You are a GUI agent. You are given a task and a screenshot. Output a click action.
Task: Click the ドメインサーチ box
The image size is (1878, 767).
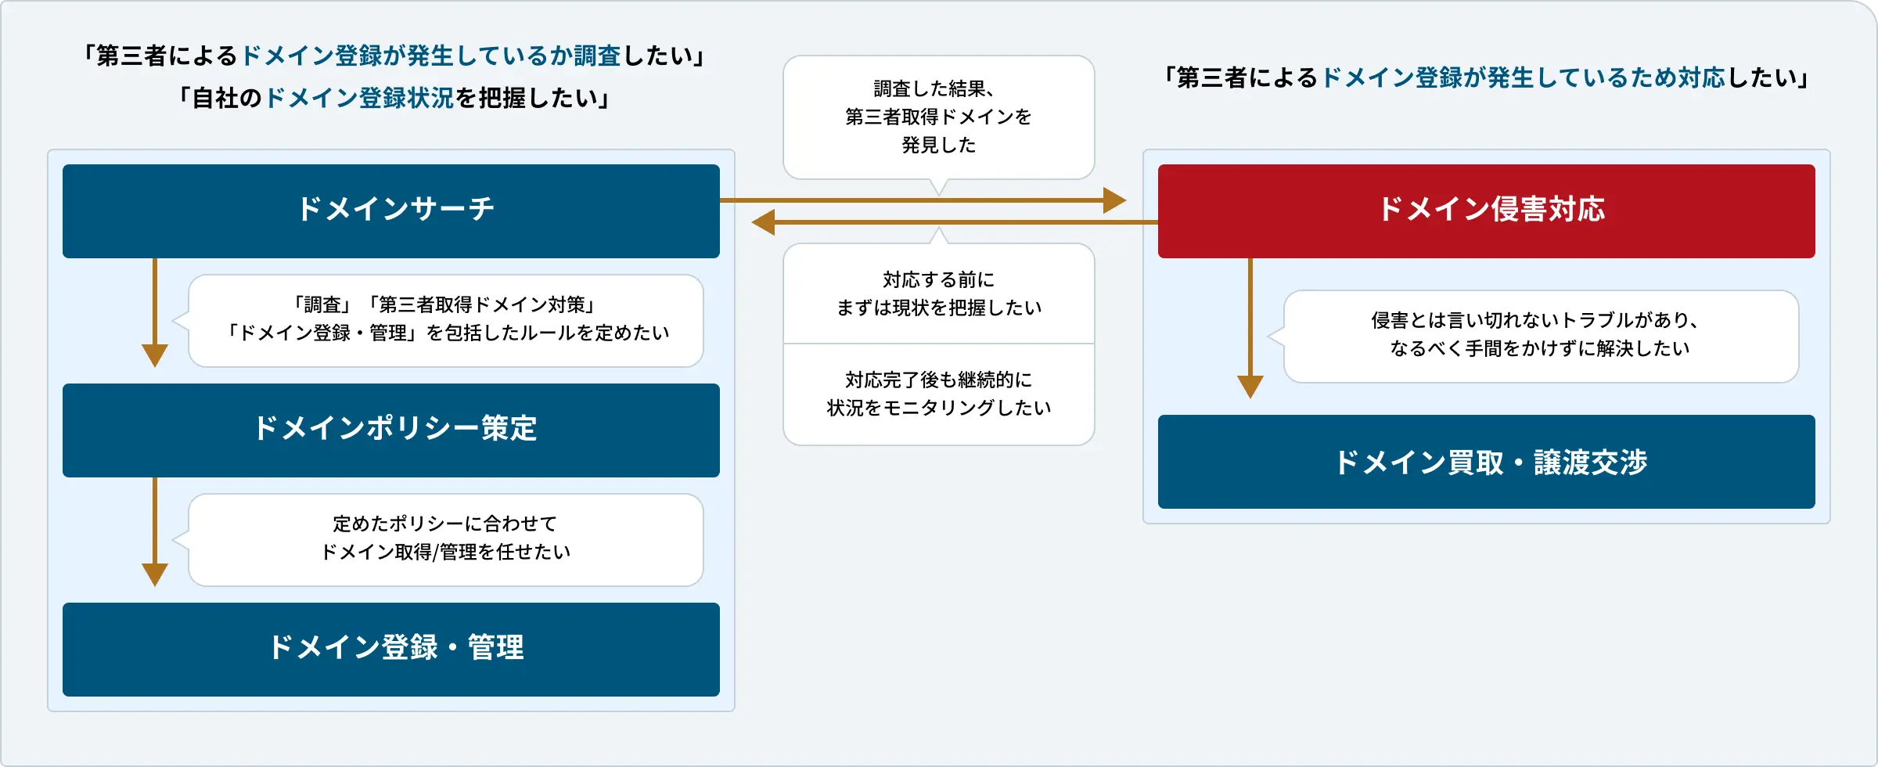pyautogui.click(x=391, y=211)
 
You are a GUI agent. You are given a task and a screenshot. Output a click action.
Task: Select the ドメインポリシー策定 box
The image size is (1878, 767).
pyautogui.click(x=391, y=430)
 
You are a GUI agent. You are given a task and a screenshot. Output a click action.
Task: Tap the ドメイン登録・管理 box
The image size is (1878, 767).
pyautogui.click(x=391, y=649)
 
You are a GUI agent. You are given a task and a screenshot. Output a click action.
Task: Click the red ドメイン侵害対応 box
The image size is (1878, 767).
pyautogui.click(x=1486, y=211)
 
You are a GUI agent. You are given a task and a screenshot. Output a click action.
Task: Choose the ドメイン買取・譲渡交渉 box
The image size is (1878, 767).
pyautogui.click(x=1486, y=462)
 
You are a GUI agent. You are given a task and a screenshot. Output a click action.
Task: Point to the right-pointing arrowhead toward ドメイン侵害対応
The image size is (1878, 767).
pyautogui.click(x=1114, y=200)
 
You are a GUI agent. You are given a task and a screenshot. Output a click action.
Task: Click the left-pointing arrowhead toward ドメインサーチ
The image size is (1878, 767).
pyautogui.click(x=764, y=222)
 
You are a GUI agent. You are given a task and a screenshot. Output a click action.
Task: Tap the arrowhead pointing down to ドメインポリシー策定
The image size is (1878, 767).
pyautogui.click(x=155, y=355)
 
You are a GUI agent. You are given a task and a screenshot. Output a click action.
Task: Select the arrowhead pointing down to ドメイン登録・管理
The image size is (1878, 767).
pyautogui.click(x=155, y=574)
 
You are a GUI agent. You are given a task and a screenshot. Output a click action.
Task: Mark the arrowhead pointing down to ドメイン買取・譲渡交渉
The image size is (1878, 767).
pyautogui.click(x=1250, y=387)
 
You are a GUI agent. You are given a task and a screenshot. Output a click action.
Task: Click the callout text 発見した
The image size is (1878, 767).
pyautogui.click(x=938, y=145)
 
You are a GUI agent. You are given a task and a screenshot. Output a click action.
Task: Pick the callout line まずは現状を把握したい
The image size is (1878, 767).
pyautogui.click(x=938, y=308)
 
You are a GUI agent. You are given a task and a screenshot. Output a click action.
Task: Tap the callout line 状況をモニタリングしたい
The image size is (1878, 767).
pyautogui.click(x=938, y=408)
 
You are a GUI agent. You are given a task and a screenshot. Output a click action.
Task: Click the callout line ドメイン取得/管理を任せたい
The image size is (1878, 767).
pyautogui.click(x=446, y=552)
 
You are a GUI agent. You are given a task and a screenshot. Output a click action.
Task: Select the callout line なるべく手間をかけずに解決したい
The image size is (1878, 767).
pyautogui.click(x=1540, y=348)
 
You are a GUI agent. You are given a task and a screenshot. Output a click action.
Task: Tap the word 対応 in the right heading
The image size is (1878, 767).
pyautogui.click(x=1701, y=77)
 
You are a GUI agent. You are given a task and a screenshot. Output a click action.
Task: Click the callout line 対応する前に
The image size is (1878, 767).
pyautogui.click(x=938, y=279)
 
